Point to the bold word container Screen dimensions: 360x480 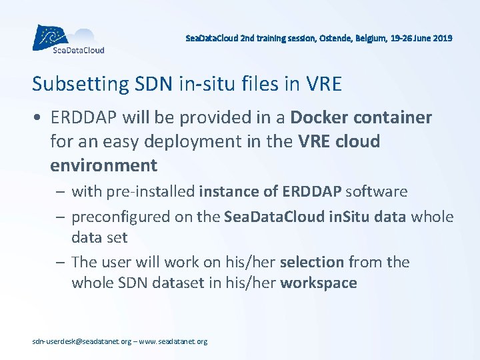[393, 118]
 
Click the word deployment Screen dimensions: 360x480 [193, 141]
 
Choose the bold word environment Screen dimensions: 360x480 [103, 165]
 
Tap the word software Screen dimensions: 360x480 [375, 192]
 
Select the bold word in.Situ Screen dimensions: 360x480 [319, 217]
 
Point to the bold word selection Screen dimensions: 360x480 [312, 262]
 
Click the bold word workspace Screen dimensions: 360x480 [319, 283]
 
